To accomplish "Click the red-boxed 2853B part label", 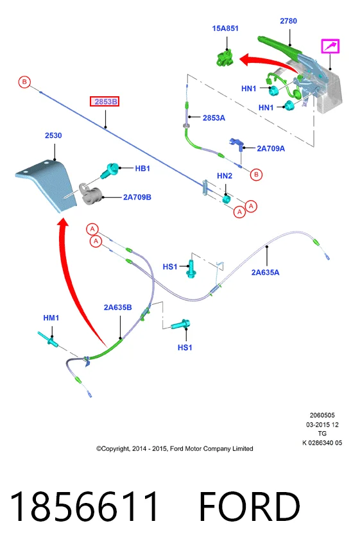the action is click(105, 101).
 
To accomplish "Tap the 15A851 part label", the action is click(225, 28).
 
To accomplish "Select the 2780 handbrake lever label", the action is click(288, 21).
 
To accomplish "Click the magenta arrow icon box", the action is click(330, 46).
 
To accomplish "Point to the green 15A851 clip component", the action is click(225, 58).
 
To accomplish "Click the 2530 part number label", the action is click(53, 135).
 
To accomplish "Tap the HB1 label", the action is click(142, 169).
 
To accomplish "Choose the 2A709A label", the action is click(271, 148).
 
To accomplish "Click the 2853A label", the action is click(214, 118).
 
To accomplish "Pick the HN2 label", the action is click(225, 176).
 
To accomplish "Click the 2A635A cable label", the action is click(265, 272).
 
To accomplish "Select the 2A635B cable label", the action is click(118, 307).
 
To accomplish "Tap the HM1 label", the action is click(51, 318).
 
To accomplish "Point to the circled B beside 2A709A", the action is click(256, 174).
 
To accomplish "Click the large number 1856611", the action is click(85, 506).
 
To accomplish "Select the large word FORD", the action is click(250, 506).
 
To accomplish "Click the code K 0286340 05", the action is click(322, 443).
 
